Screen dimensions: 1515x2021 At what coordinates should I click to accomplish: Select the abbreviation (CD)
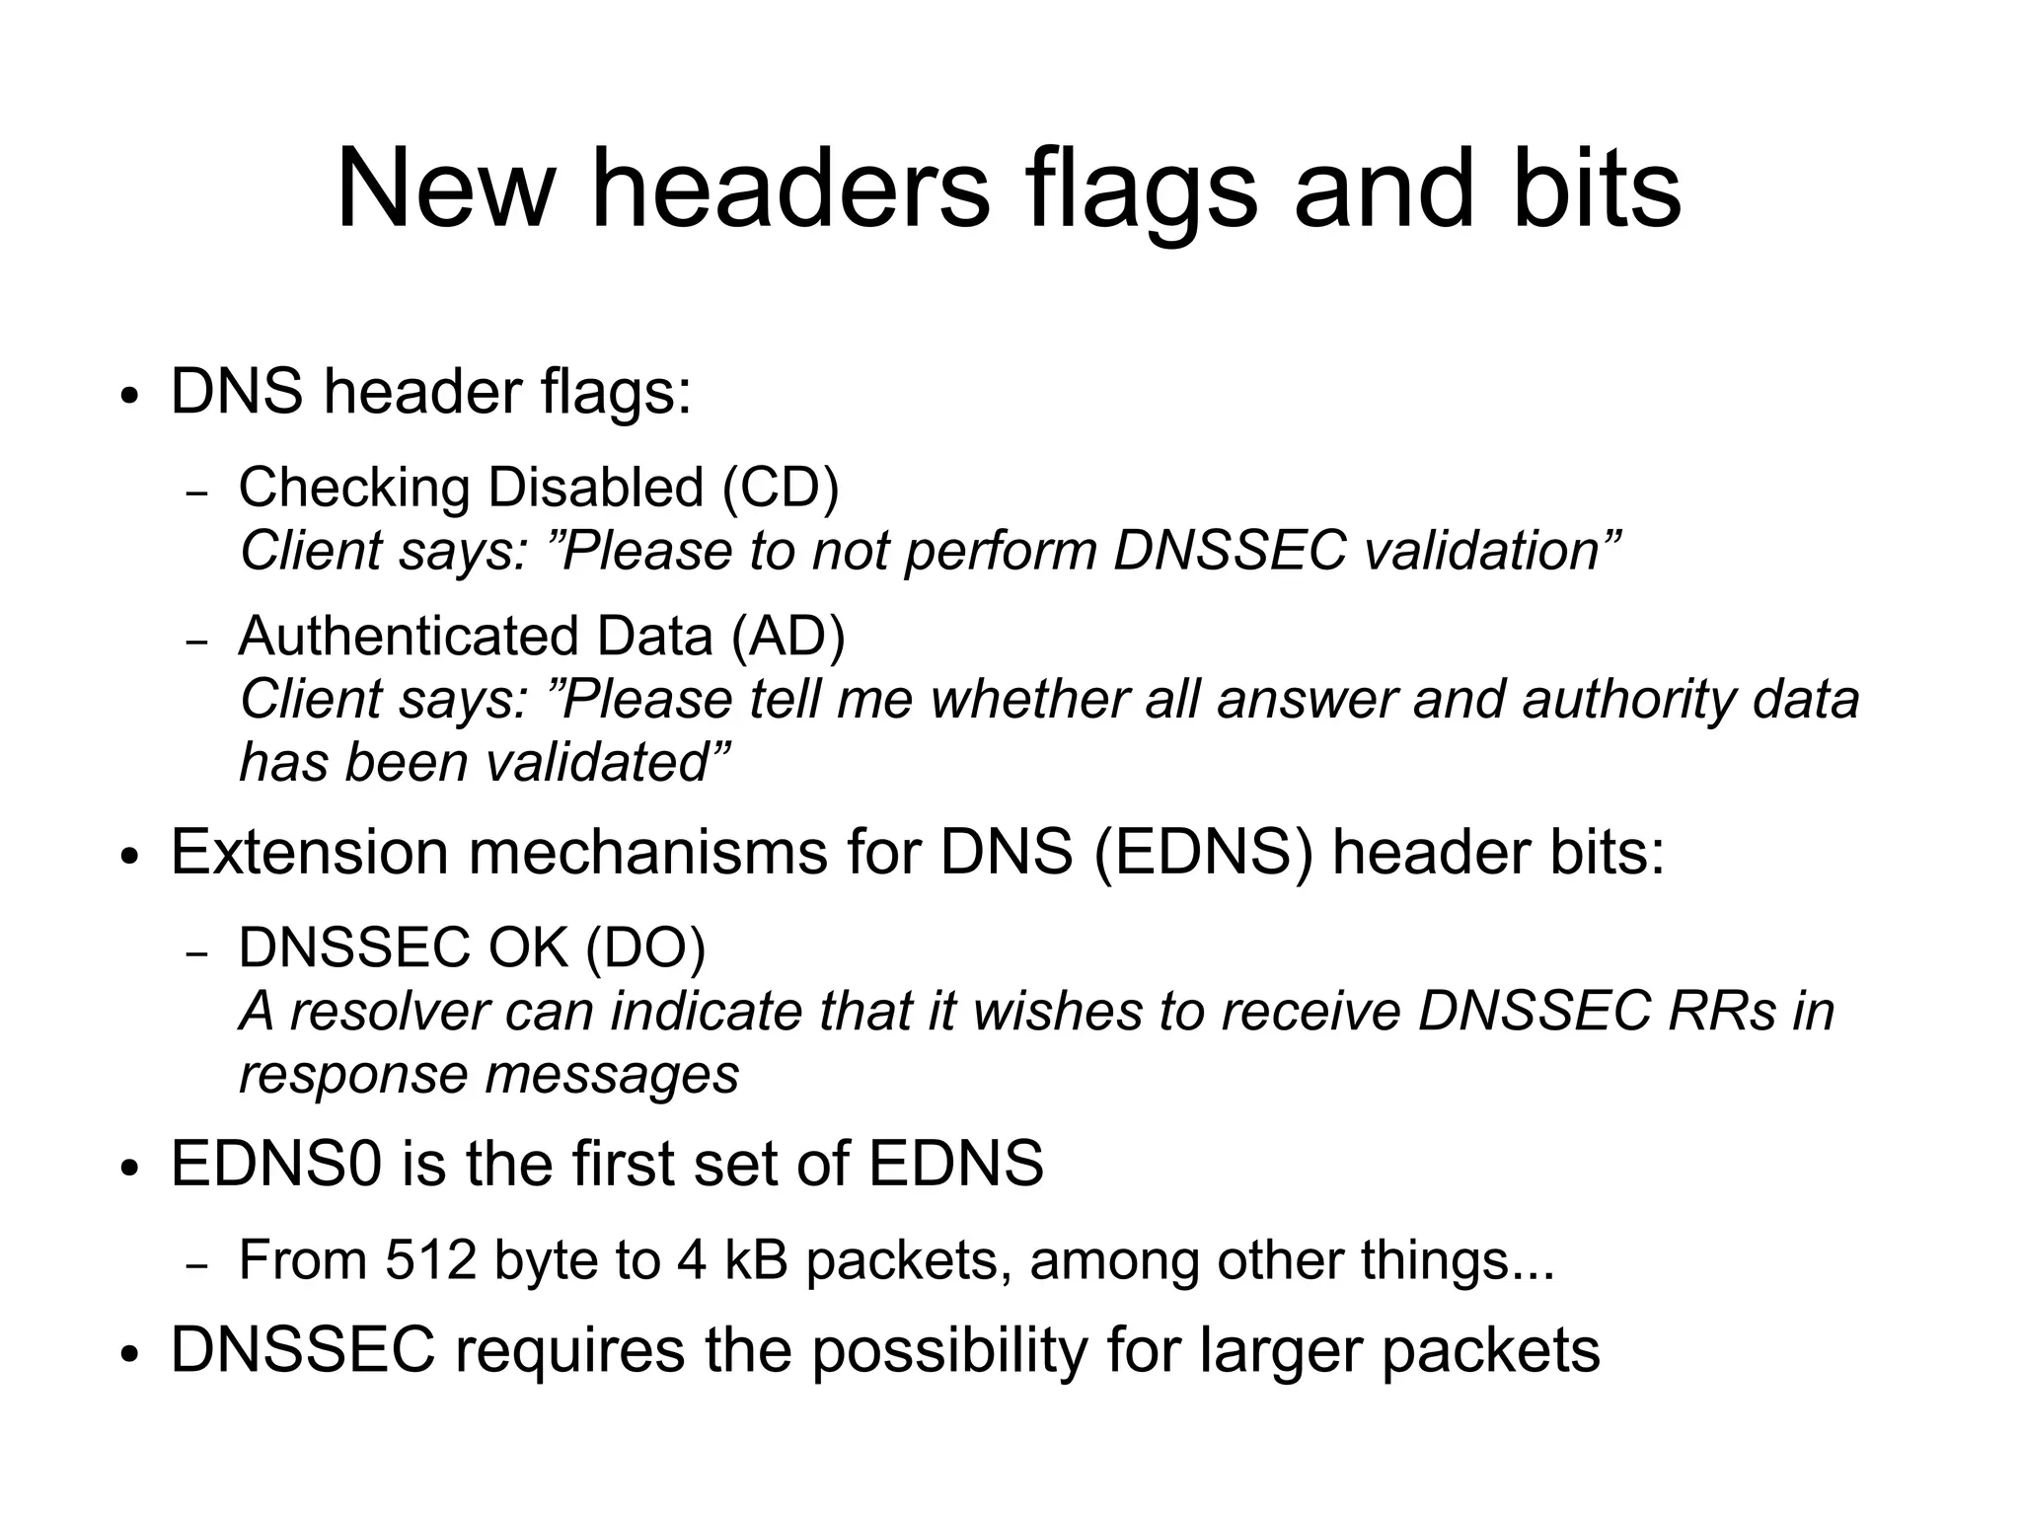781,487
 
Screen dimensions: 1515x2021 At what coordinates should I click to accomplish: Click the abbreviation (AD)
788,636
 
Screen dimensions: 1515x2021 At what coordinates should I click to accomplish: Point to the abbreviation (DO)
645,947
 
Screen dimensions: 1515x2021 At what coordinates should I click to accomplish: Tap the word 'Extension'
309,852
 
